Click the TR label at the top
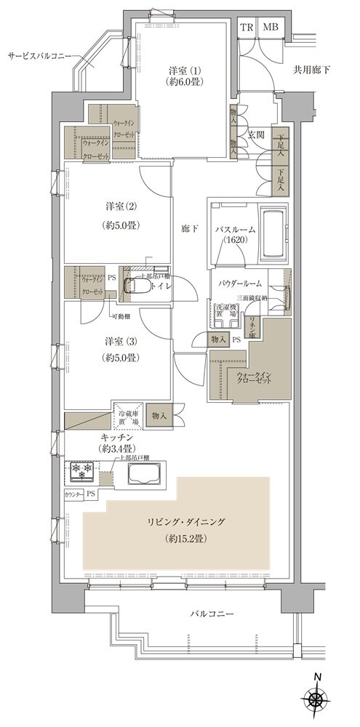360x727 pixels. [248, 27]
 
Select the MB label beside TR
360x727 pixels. [270, 27]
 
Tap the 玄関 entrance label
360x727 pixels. [256, 134]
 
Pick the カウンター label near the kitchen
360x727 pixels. [73, 494]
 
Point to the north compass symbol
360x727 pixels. [318, 699]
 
